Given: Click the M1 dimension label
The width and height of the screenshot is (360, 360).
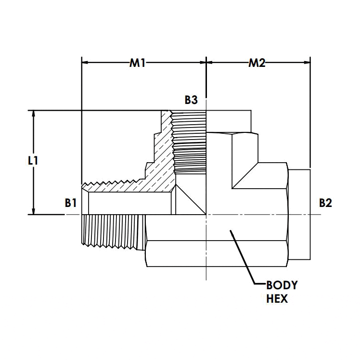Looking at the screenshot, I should [x=137, y=63].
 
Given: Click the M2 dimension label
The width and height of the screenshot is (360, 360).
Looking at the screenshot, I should [x=257, y=63].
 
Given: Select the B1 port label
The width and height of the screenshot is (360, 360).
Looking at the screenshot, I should [x=71, y=203].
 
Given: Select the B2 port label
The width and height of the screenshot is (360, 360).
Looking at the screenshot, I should [x=325, y=203].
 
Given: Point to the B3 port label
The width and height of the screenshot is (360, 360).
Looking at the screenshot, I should [x=191, y=100].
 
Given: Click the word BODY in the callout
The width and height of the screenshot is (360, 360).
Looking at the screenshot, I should [x=282, y=285].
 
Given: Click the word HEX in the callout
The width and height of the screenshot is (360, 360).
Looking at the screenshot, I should [x=277, y=298].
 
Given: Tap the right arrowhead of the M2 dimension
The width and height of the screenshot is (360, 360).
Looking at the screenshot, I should [x=306, y=62].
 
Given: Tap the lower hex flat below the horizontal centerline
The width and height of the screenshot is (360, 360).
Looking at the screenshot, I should [x=217, y=253].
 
